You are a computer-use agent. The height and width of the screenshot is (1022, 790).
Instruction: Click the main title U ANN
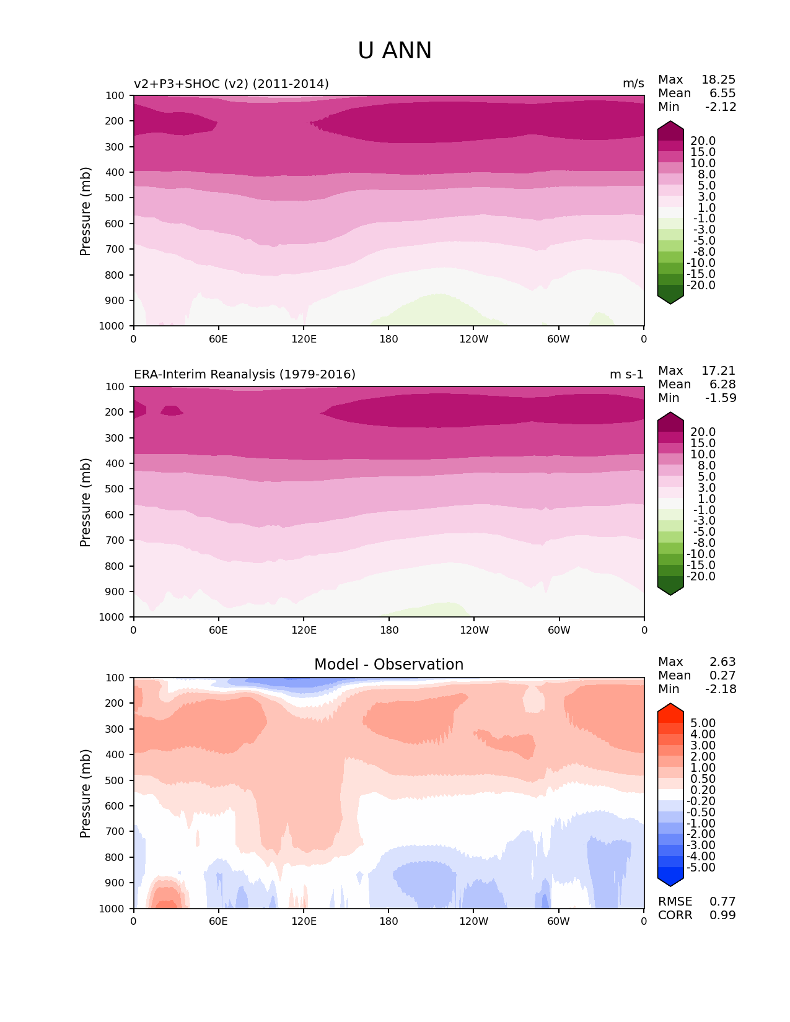click(395, 51)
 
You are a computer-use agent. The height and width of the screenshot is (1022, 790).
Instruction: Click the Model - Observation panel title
click(388, 665)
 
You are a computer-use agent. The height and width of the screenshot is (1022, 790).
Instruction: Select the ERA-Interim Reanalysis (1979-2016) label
click(245, 375)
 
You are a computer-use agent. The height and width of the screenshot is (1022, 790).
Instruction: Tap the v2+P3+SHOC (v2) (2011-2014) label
click(231, 84)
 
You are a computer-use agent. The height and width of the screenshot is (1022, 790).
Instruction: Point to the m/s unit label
click(633, 84)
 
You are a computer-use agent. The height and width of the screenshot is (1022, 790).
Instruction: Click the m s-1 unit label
click(626, 375)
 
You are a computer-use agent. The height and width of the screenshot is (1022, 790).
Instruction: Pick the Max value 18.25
click(718, 80)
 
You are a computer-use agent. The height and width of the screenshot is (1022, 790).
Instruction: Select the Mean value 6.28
click(722, 385)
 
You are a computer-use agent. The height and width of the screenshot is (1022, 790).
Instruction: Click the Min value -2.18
click(721, 689)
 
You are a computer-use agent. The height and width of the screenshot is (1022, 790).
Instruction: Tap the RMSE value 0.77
click(722, 902)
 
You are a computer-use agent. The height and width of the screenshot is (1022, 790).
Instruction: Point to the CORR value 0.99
click(722, 915)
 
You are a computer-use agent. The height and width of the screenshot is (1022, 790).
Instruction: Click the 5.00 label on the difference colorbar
click(703, 723)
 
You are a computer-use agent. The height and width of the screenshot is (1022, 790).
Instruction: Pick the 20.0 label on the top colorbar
click(703, 141)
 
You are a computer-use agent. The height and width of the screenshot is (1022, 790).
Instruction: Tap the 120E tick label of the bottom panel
click(304, 922)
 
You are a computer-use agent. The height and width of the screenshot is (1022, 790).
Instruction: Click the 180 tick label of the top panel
click(388, 339)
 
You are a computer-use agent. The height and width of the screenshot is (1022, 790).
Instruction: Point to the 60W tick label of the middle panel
click(559, 631)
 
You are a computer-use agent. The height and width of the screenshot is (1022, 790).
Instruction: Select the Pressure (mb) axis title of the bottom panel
click(86, 793)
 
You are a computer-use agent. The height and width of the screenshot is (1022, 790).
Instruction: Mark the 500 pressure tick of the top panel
click(116, 198)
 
